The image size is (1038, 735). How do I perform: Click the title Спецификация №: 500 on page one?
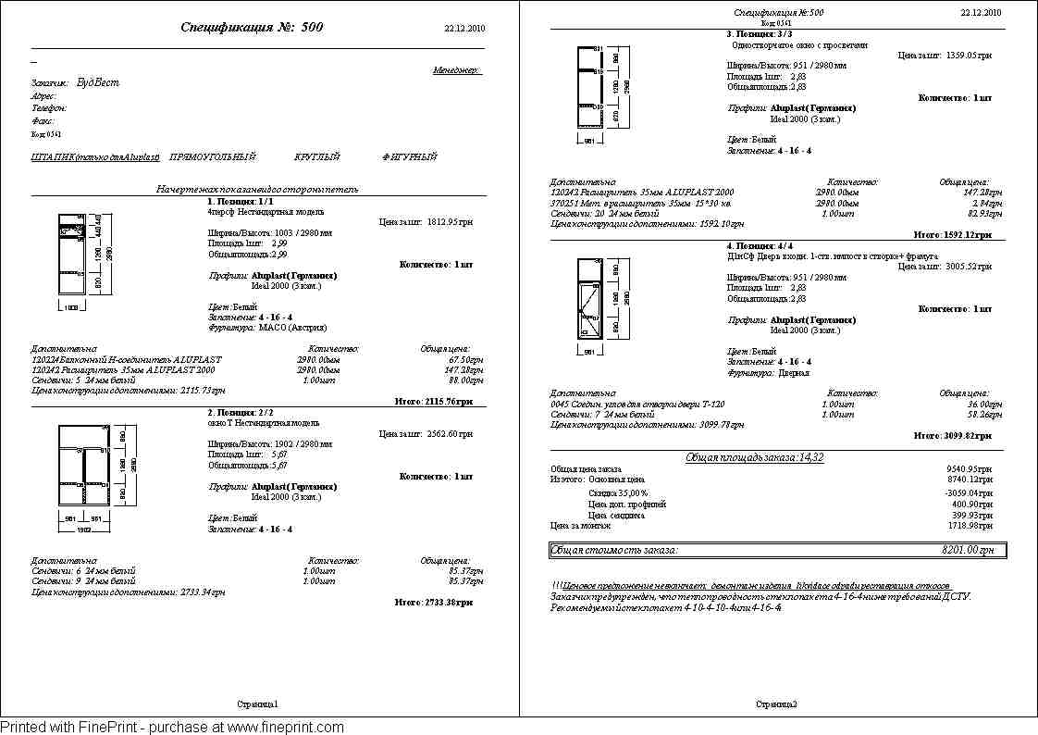point(253,28)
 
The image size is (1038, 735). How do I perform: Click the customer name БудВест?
point(98,82)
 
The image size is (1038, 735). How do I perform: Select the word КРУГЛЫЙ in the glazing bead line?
point(317,157)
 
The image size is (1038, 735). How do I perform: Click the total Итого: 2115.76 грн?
point(433,402)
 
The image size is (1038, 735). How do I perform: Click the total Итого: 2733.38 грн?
point(433,602)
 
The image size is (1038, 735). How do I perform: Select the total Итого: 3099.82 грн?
point(952,434)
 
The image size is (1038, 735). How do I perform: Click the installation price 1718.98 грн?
point(970,525)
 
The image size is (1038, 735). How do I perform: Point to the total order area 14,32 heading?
point(754,457)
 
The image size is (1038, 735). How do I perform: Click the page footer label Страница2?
point(776,704)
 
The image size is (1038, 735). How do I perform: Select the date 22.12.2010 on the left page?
point(464,29)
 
